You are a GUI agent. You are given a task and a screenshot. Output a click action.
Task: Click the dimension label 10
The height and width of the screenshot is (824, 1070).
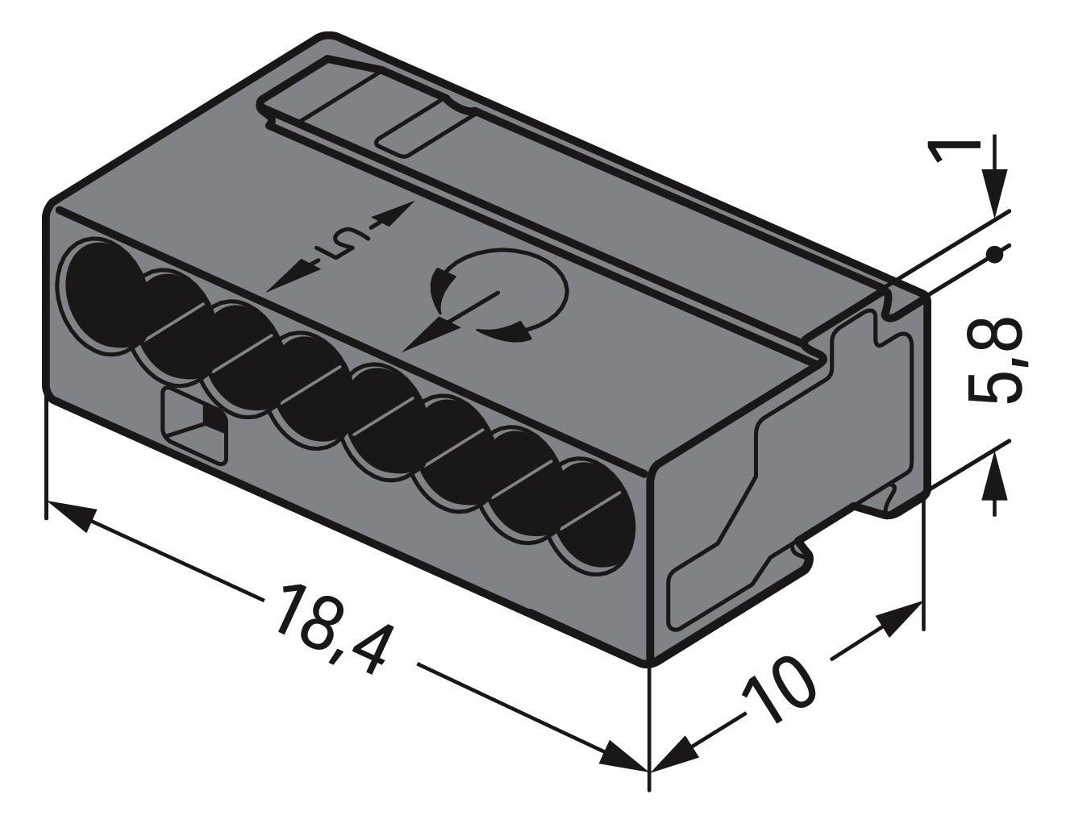(x=778, y=689)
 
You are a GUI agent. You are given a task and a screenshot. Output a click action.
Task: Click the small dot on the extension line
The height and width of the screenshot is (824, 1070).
(x=997, y=256)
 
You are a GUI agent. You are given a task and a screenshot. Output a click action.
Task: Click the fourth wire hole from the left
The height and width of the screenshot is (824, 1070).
(x=310, y=387)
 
